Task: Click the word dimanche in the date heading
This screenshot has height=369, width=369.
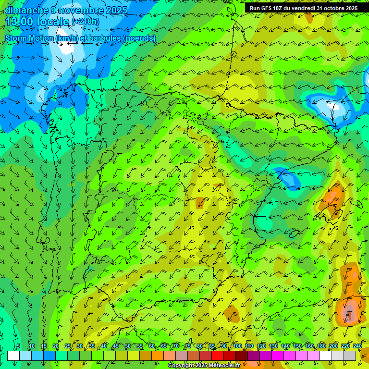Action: click(26, 10)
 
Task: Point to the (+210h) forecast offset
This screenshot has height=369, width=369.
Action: click(85, 22)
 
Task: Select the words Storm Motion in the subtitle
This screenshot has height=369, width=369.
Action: click(30, 38)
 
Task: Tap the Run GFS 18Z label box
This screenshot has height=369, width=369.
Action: click(304, 8)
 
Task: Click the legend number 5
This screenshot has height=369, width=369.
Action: click(18, 346)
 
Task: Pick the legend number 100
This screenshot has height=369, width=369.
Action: click(237, 346)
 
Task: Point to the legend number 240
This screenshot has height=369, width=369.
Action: click(357, 346)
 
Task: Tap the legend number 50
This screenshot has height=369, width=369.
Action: click(127, 346)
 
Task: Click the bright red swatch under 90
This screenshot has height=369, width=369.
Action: click(218, 356)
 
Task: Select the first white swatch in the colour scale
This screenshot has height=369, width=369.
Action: click(13, 356)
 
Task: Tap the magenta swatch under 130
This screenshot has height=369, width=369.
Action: click(278, 356)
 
